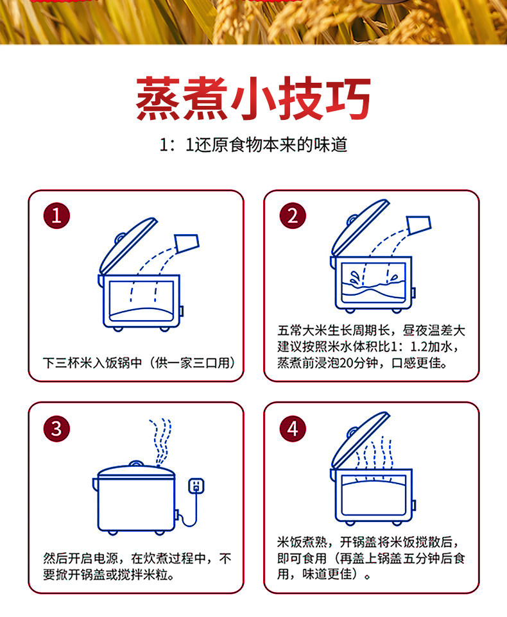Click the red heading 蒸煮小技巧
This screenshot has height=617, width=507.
pos(253,98)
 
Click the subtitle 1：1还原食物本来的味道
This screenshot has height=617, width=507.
pos(253,145)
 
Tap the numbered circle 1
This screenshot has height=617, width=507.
pos(56,216)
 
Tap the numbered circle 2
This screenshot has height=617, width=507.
pos(293,216)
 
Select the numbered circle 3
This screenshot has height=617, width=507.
pos(56,428)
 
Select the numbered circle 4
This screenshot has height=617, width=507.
pos(293,428)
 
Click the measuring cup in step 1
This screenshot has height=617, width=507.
pos(187,244)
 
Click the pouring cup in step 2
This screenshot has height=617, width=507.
pos(419,224)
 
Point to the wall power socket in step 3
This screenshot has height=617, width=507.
pos(196,486)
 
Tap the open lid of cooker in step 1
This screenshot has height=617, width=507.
pos(128,245)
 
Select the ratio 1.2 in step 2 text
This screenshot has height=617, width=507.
pos(419,347)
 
